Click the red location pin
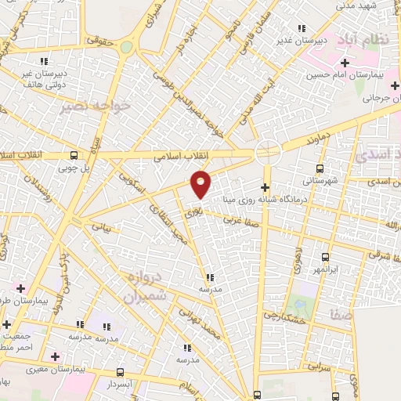201,183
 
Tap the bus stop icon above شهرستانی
320,168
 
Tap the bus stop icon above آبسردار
120,373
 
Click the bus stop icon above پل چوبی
73,155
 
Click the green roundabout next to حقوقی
126,47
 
